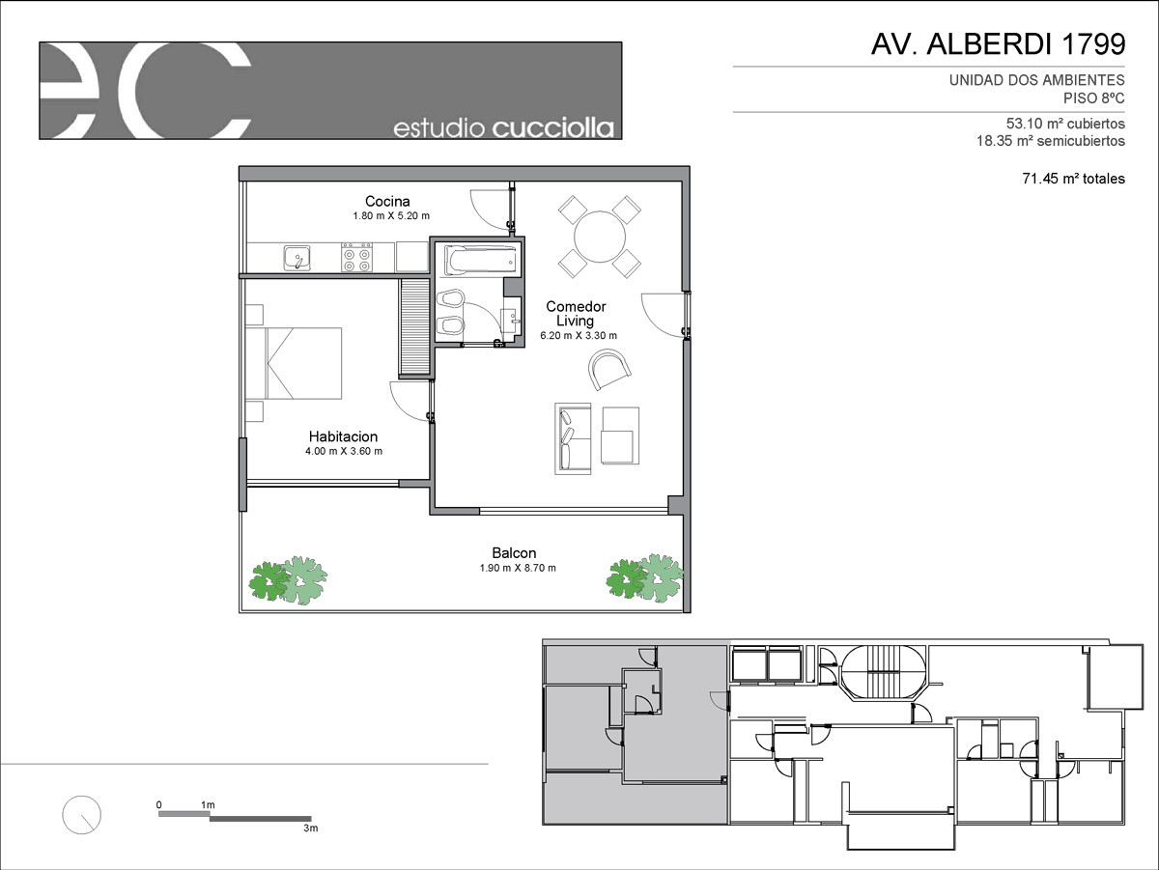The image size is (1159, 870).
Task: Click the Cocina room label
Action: (387, 201)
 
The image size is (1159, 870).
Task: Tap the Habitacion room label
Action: (343, 436)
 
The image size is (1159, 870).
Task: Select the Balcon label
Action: (514, 553)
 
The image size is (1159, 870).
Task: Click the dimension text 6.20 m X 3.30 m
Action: (579, 335)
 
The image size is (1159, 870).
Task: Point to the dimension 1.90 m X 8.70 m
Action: (518, 568)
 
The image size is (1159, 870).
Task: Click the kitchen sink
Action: (297, 258)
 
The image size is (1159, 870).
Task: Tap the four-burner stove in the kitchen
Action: (356, 258)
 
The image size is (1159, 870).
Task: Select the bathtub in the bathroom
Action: (480, 261)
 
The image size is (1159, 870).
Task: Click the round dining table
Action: (600, 237)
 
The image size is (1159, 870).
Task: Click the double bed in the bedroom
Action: (294, 363)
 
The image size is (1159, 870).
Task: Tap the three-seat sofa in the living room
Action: (573, 438)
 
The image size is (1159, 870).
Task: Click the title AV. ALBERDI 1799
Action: (998, 44)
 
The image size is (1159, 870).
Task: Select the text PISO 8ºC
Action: (1093, 98)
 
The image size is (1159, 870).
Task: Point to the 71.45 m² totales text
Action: (1073, 179)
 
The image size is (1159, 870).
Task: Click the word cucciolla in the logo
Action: (552, 128)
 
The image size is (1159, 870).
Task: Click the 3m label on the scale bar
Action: (310, 828)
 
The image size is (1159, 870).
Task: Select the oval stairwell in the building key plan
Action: (884, 673)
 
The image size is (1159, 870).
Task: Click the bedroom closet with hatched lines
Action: (414, 326)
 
